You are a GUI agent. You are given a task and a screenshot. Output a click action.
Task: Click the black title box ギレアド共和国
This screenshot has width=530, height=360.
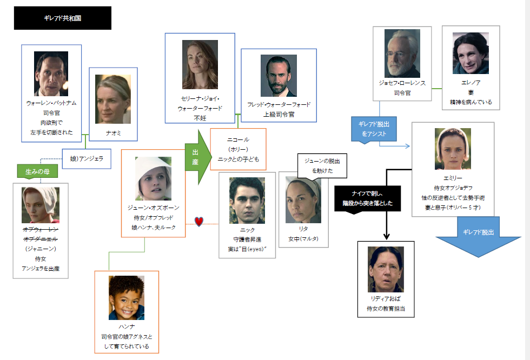click(62, 18)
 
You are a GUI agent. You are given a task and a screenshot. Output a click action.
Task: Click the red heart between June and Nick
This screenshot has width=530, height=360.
click(198, 221)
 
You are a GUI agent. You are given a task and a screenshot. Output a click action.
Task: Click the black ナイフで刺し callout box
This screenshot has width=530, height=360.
click(368, 199)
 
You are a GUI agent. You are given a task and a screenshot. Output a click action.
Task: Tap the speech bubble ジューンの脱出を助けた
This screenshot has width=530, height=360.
click(322, 166)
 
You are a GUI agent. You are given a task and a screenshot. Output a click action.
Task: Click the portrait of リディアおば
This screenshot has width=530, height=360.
click(386, 269)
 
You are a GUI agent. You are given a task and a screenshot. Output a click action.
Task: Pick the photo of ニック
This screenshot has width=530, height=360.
click(247, 201)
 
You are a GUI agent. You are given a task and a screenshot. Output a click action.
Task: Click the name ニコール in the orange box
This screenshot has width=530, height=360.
click(239, 139)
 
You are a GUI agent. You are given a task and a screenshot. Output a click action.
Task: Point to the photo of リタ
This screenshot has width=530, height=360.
click(303, 201)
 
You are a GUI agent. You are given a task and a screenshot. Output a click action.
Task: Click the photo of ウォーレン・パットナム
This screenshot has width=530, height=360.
click(51, 74)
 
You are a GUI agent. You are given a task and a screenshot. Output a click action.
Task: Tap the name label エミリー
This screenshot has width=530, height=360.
click(453, 178)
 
